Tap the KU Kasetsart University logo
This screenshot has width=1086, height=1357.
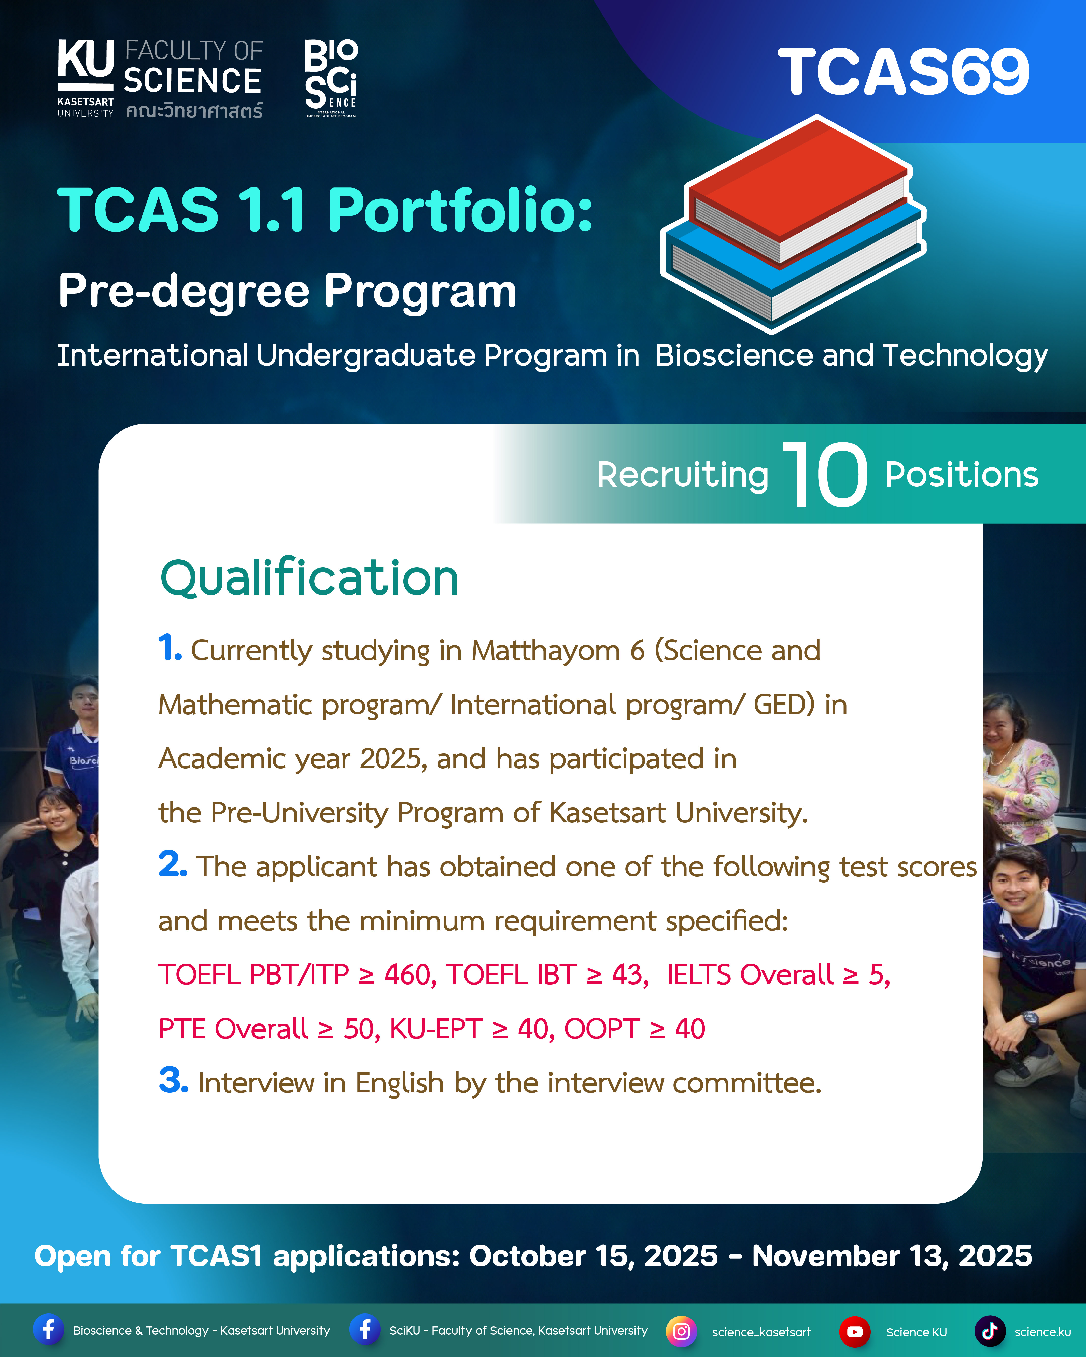86,78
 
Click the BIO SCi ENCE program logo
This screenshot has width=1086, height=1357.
331,78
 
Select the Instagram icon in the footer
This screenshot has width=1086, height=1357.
681,1331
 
